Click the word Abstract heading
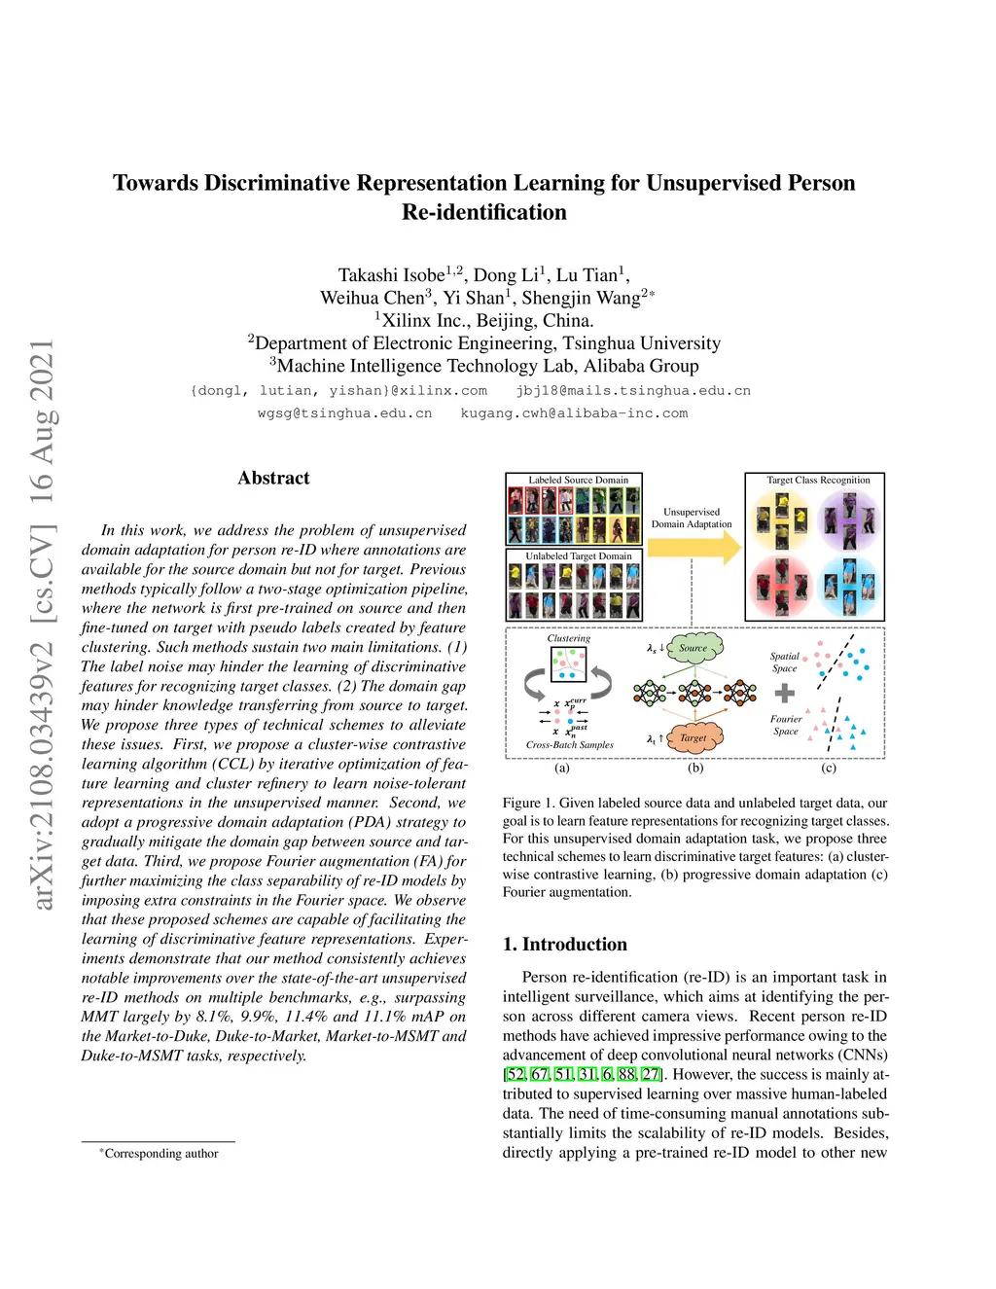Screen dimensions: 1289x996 click(x=273, y=478)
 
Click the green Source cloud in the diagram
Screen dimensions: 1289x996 click(x=694, y=648)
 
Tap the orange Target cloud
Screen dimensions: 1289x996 click(x=694, y=737)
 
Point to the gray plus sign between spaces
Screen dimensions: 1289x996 click(x=785, y=693)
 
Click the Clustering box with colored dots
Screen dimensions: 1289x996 click(x=568, y=663)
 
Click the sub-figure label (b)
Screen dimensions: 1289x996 click(x=695, y=768)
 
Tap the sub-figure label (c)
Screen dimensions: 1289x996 click(x=829, y=768)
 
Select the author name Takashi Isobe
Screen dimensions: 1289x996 click(x=391, y=275)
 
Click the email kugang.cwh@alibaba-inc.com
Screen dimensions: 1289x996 click(x=574, y=413)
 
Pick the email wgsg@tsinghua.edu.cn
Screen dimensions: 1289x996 click(x=344, y=413)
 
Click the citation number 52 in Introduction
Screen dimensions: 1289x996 click(x=516, y=1074)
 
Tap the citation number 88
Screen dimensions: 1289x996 click(x=626, y=1074)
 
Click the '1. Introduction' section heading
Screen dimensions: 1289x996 click(x=564, y=944)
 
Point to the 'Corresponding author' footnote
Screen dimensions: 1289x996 click(x=160, y=1154)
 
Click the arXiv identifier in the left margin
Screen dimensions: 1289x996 click(x=43, y=624)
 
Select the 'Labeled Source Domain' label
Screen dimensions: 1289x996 click(x=578, y=480)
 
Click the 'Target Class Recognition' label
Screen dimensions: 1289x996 click(x=818, y=480)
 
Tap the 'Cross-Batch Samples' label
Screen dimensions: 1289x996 click(x=569, y=745)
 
